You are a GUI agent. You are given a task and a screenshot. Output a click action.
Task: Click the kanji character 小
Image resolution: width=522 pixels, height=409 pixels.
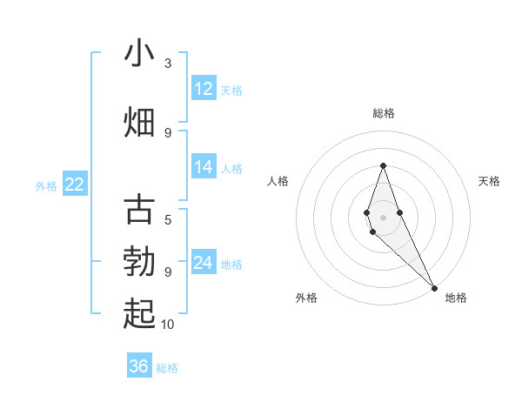pos(139,54)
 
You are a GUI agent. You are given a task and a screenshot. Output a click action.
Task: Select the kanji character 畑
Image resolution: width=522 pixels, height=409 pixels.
pos(139,122)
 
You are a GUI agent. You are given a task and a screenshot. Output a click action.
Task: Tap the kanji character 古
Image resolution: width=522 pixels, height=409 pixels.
pos(139,210)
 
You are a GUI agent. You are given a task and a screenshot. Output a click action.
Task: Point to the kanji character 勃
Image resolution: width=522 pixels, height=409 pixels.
pos(139,262)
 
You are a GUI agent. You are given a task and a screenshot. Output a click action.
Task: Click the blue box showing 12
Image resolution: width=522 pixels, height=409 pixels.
pos(204,89)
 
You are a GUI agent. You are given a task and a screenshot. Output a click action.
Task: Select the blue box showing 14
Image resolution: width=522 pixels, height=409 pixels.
pos(204,167)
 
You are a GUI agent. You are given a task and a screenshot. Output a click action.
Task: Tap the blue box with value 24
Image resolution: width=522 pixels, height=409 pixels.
pos(204,263)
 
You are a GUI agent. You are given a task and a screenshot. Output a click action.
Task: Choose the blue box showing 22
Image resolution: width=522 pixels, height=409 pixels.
pos(75,184)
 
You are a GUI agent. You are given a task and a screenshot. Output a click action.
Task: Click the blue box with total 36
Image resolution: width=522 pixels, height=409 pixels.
pos(139,366)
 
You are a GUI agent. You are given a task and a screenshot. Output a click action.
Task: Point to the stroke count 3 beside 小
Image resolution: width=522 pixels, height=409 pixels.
pos(168,64)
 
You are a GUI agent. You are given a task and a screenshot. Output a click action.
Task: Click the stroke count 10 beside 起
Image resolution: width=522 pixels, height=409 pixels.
pos(168,325)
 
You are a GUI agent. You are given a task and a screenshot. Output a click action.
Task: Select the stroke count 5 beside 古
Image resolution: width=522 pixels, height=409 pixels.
pos(168,220)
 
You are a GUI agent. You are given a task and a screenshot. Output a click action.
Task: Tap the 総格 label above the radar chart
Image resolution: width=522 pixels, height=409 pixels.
pos(383,113)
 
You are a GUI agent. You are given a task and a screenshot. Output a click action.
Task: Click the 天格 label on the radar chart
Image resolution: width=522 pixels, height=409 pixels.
pos(489,181)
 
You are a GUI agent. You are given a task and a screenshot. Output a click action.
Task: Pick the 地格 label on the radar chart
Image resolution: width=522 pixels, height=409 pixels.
pos(456,298)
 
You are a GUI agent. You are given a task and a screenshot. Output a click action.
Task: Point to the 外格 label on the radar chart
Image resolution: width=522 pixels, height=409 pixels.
pos(306,298)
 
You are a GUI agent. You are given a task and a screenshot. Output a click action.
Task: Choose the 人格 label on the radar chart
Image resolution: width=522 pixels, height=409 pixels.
pos(278,181)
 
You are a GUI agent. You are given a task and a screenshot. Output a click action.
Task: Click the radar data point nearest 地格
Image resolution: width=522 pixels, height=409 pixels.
pos(434,286)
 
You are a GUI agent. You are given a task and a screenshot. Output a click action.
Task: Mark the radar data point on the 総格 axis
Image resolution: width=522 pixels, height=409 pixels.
pos(383,165)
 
